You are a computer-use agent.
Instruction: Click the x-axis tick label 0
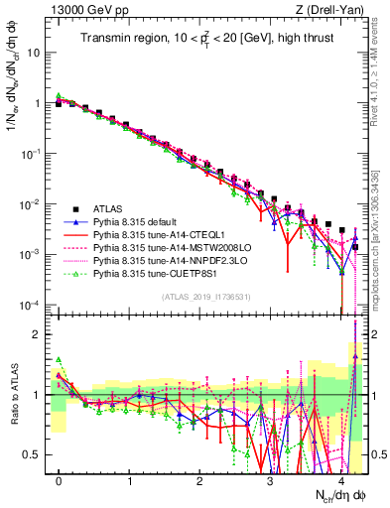point(60,480)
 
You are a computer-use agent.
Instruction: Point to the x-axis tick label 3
point(270,480)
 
